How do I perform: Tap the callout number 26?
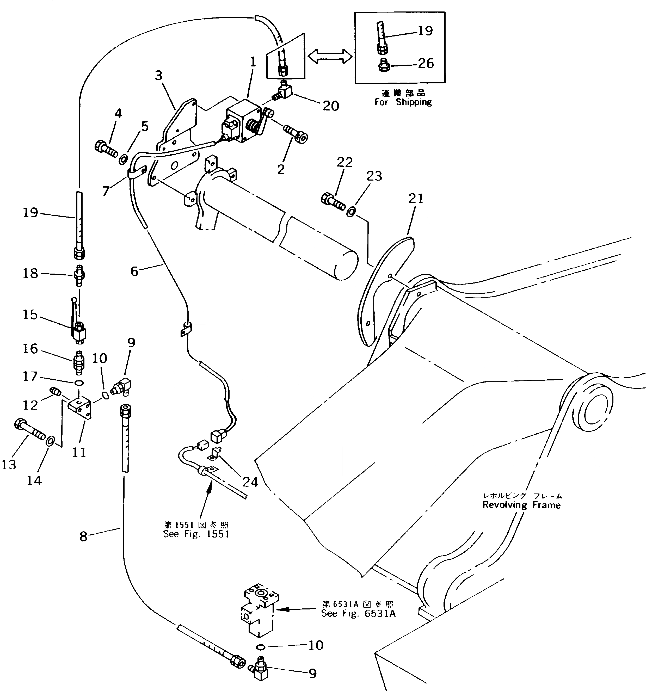[x=426, y=64]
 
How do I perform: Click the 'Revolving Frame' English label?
[x=521, y=505]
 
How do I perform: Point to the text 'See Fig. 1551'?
[x=196, y=534]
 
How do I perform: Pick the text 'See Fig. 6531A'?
[x=358, y=614]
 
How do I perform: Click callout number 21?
[x=416, y=199]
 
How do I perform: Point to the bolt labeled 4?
[x=105, y=149]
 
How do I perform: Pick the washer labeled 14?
[x=50, y=441]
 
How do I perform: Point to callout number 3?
[x=158, y=75]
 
